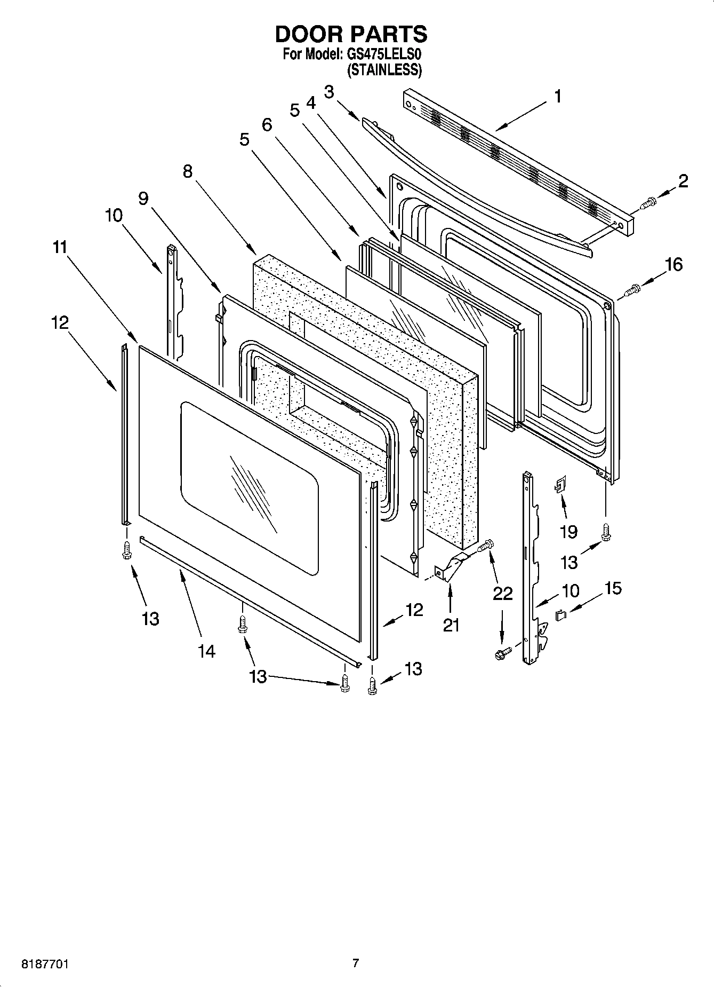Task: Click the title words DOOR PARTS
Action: pos(351,34)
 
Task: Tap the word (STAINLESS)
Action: pos(384,70)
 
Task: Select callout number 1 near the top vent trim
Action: pos(557,97)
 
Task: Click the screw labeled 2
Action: pos(648,203)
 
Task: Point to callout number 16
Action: pos(674,264)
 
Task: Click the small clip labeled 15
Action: pos(560,615)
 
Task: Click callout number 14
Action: pos(206,651)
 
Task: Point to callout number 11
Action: pos(60,247)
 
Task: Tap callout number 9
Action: pos(143,198)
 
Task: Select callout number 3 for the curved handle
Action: pos(329,92)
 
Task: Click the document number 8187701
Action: pos(45,965)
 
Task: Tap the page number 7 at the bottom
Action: pos(356,964)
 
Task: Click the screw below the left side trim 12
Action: pos(127,550)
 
